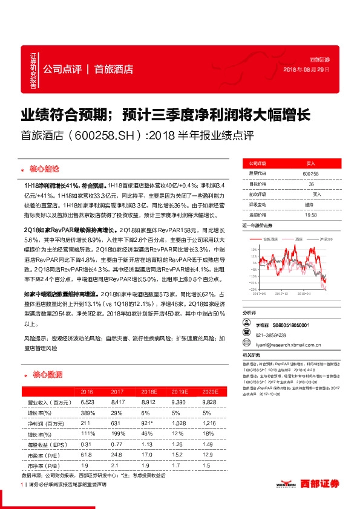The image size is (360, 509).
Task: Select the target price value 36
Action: point(311,184)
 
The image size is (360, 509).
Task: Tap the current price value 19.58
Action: point(311,215)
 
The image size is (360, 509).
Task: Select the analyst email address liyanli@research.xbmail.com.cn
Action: point(290,345)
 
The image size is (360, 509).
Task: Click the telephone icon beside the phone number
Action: point(246,334)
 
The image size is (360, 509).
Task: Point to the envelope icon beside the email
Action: point(246,344)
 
